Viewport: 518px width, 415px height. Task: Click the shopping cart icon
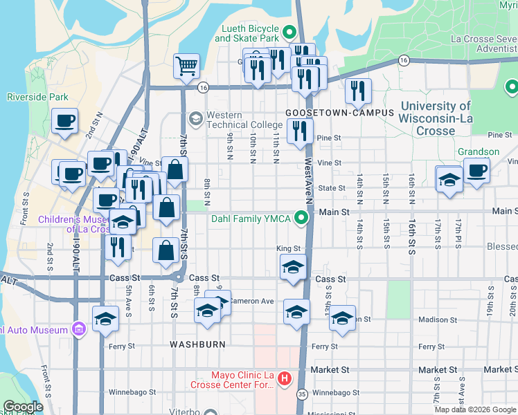186,67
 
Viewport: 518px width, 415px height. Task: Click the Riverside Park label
37,98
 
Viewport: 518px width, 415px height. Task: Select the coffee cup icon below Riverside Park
64,121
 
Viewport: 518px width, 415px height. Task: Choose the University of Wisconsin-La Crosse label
436,118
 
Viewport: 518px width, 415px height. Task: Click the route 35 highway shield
301,394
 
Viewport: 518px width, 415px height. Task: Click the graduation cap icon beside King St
293,266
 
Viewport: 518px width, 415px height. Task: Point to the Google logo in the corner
23,407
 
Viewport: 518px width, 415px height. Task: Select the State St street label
331,187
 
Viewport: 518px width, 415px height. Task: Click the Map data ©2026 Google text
474,409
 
